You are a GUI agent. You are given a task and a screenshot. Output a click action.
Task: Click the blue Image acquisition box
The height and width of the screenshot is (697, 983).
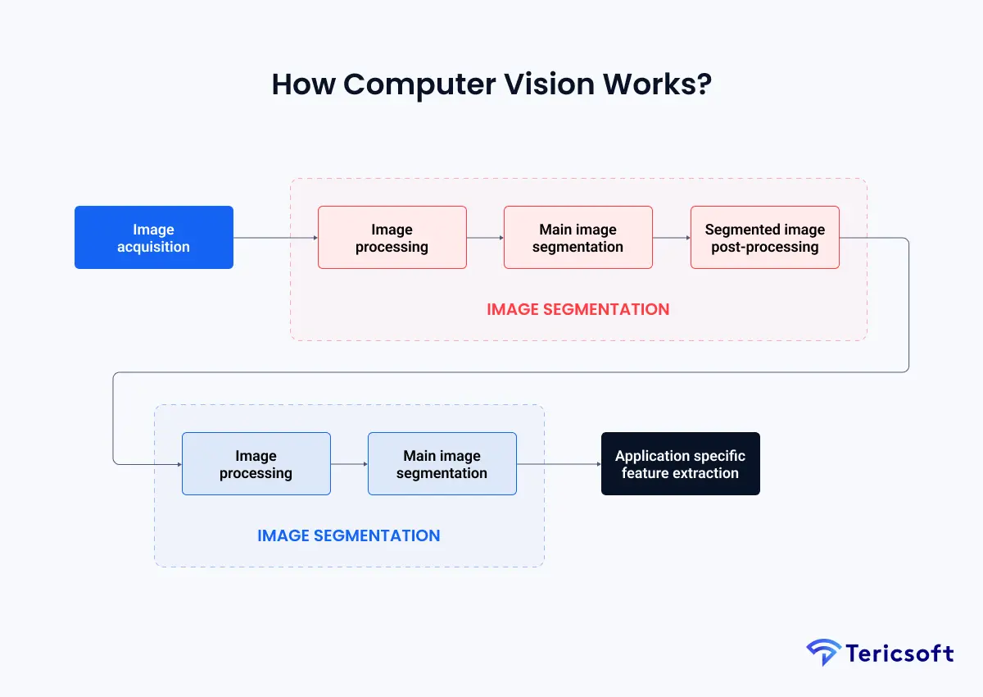153,238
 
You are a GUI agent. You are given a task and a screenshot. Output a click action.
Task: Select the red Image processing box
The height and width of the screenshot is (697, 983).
392,238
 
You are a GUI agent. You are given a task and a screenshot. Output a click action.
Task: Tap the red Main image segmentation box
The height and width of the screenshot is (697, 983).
578,238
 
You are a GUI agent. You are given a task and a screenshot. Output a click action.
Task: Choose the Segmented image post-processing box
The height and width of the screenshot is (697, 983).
764,238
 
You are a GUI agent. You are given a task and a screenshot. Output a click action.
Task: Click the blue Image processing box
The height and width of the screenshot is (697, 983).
256,464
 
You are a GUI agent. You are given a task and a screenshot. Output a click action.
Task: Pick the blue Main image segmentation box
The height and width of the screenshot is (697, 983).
442,464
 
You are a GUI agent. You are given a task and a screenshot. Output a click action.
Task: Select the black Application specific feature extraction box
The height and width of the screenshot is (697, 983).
680,464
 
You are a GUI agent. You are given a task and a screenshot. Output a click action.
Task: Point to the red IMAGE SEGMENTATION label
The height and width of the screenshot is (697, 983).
578,309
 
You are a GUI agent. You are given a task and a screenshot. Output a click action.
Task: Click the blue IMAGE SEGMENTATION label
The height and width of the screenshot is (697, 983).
348,535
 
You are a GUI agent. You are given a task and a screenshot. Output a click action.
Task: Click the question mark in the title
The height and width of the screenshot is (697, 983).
703,84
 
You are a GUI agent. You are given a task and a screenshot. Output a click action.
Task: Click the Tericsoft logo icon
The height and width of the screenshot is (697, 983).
822,653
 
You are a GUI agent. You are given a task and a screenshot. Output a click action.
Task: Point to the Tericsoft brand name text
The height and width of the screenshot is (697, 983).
899,654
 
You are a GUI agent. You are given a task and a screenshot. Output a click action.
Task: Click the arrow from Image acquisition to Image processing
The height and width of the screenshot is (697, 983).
275,238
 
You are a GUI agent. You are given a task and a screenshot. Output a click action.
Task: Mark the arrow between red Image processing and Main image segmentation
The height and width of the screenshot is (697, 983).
485,238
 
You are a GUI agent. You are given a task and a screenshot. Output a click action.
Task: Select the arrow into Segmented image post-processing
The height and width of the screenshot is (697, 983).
672,238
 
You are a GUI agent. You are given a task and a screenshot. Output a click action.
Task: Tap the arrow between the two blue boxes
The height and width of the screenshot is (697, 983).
349,464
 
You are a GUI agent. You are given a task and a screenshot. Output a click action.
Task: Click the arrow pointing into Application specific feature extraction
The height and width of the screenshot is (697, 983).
559,464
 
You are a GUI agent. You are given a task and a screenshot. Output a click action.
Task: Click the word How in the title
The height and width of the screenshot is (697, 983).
302,84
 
